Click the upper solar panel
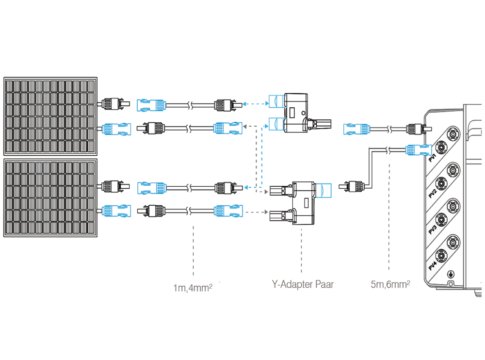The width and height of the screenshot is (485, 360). (x=50, y=115)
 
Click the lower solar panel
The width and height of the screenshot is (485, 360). (x=50, y=198)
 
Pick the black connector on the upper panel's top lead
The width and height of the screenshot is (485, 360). (x=112, y=103)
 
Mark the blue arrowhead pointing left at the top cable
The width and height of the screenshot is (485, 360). (x=246, y=103)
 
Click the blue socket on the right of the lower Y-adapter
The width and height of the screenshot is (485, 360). (x=323, y=190)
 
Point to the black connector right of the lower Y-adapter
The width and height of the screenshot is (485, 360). (x=352, y=185)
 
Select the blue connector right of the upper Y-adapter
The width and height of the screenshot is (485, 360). (x=356, y=129)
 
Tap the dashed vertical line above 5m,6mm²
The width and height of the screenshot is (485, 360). (x=389, y=218)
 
